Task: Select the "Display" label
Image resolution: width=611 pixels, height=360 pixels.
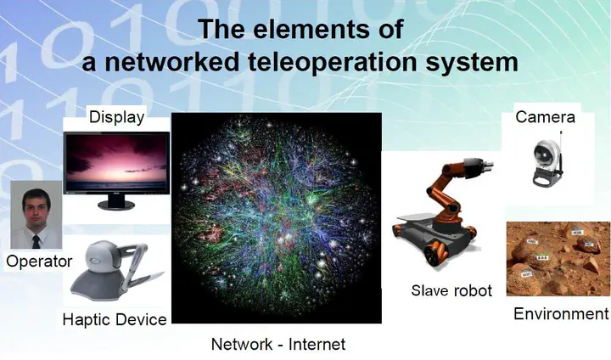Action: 116,117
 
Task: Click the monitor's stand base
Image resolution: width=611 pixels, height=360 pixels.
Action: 116,205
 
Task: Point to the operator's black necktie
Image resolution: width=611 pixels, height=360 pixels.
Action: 36,242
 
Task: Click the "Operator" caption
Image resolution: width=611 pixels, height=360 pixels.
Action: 39,261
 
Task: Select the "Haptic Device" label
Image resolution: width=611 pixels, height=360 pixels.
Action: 115,319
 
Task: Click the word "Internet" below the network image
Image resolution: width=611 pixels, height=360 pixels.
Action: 317,344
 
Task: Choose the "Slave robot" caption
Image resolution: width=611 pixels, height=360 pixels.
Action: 451,290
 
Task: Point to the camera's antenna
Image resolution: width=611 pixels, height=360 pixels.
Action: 561,151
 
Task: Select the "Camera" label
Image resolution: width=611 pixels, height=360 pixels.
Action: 545,117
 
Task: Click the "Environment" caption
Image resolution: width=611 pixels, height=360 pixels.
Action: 561,313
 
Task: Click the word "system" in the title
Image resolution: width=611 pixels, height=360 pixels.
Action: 472,63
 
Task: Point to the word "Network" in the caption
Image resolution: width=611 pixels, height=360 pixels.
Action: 242,344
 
